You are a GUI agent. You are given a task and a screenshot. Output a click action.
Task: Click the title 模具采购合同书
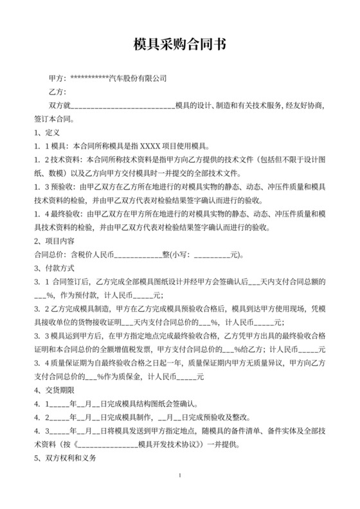tap(179, 44)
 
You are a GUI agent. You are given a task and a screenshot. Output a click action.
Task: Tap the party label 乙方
tap(57, 93)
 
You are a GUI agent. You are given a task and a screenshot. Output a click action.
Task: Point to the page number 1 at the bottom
tap(180, 492)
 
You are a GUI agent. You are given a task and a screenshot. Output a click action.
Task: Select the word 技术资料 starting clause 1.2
tap(67, 159)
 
